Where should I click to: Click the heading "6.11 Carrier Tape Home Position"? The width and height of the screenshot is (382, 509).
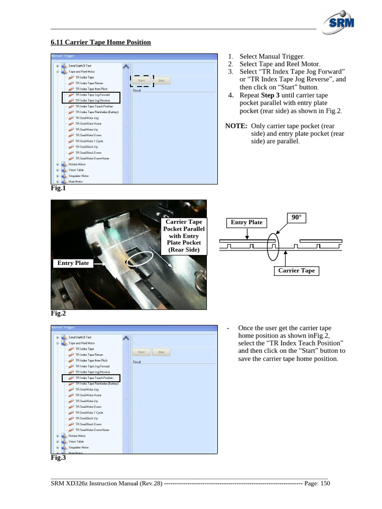click(100, 42)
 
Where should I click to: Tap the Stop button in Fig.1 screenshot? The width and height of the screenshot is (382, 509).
click(161, 80)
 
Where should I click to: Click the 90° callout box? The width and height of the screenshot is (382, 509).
click(296, 218)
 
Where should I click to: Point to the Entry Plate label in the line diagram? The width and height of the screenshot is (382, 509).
click(246, 222)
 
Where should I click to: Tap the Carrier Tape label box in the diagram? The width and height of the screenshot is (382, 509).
click(296, 270)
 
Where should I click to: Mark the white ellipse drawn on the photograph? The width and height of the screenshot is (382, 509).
click(139, 258)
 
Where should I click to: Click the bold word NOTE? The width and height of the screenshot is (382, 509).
click(237, 126)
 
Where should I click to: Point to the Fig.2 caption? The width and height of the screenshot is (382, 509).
click(58, 314)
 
